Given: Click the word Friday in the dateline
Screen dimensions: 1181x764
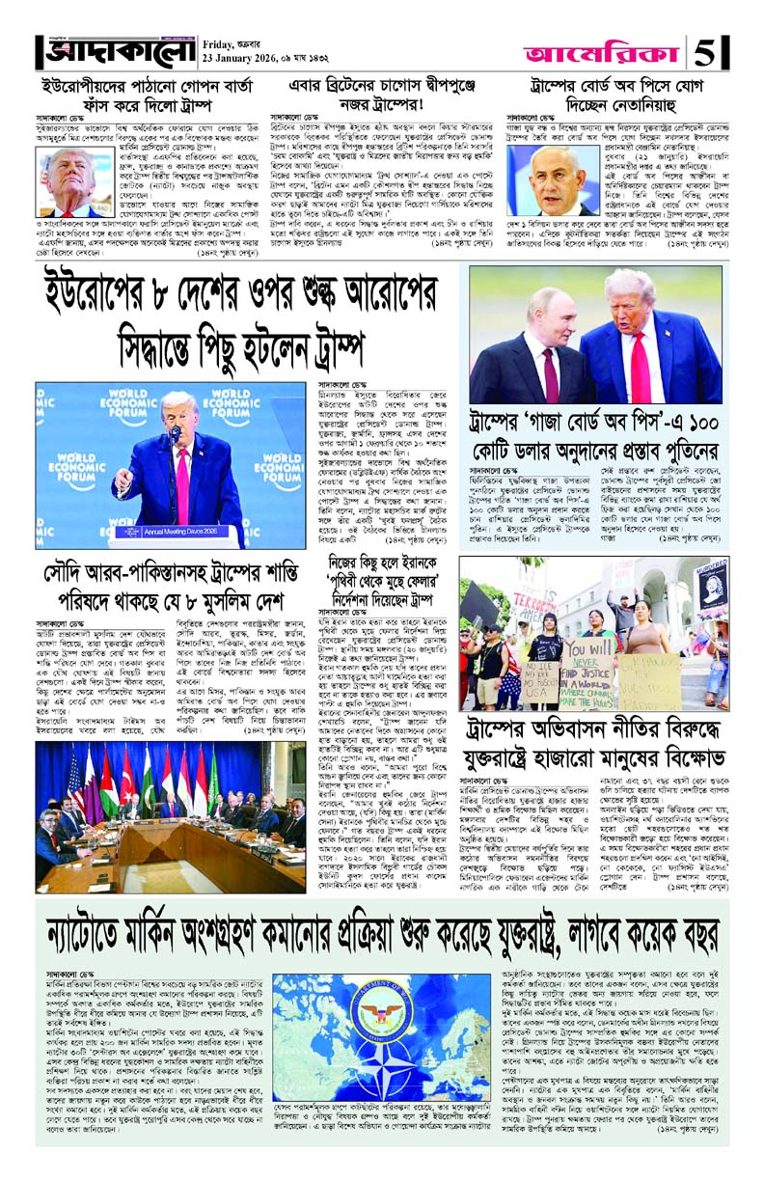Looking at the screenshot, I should [221, 42].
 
